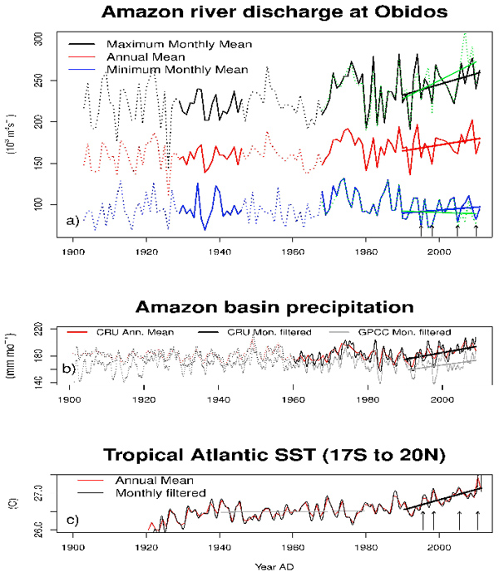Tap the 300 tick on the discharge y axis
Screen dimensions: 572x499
(x=49, y=40)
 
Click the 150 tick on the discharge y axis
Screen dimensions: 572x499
(x=49, y=163)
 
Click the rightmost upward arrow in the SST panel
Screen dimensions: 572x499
(x=477, y=521)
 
